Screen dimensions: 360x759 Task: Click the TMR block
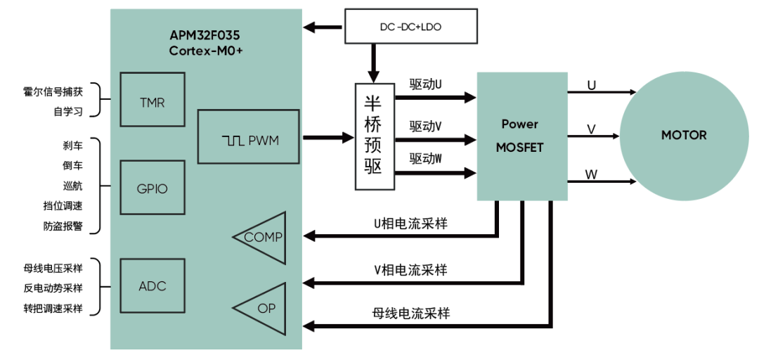(152, 103)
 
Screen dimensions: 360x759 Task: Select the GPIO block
(152, 188)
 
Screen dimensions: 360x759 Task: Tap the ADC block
(152, 286)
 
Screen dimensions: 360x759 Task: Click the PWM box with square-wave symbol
(249, 141)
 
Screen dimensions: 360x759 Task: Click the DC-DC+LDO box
(410, 26)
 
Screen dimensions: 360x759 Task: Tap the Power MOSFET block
(521, 136)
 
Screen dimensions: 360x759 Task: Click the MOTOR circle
(683, 135)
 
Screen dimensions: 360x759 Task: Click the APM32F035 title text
(206, 35)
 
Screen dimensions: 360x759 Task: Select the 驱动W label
(425, 159)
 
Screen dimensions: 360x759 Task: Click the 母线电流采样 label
(410, 313)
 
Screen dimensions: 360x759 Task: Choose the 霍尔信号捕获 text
(53, 91)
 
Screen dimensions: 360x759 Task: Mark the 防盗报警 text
(63, 226)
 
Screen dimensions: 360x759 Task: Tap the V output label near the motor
(591, 129)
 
